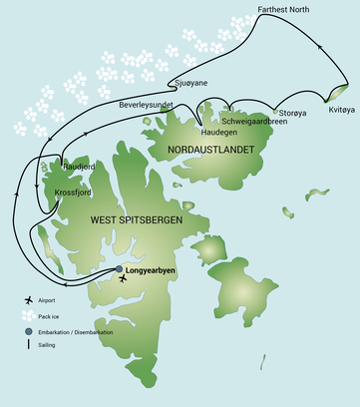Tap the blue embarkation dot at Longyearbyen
[x=119, y=269]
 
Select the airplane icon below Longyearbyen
[x=123, y=279]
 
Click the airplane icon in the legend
[x=30, y=300]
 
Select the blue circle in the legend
[x=30, y=331]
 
